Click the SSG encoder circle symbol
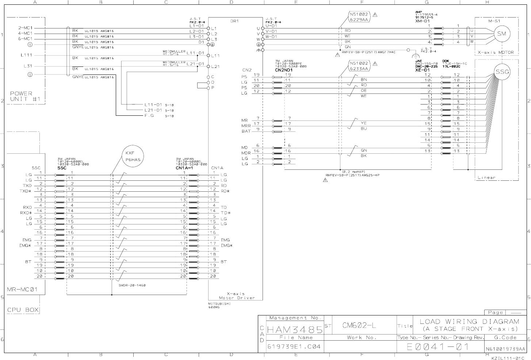(502, 72)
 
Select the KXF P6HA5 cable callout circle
(132, 157)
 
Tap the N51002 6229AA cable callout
(359, 17)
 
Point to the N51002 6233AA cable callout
(359, 66)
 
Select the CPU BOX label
(23, 310)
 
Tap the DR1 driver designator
(234, 21)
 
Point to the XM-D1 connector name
(422, 21)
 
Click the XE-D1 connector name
(422, 70)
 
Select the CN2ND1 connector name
(284, 70)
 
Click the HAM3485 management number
(294, 330)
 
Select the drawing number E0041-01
(438, 346)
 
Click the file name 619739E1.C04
(294, 346)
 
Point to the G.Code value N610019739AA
(505, 349)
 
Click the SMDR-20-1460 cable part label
(132, 285)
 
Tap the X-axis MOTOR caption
(496, 52)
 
